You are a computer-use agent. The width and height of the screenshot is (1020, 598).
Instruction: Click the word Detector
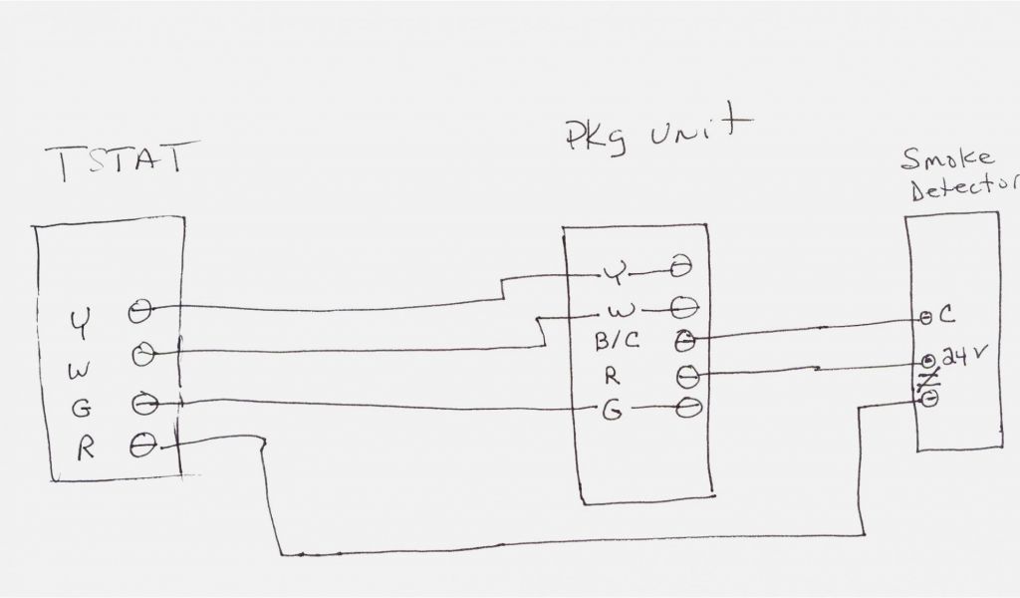(x=962, y=190)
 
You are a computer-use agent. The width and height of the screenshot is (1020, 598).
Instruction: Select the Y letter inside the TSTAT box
(x=79, y=321)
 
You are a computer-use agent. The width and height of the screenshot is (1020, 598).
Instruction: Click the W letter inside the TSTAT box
(x=79, y=372)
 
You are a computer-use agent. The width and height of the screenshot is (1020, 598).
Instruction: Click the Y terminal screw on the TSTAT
(x=140, y=311)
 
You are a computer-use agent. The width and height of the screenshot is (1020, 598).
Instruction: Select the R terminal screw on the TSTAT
(x=144, y=446)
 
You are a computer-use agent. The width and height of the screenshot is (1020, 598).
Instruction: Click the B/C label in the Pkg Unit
(x=619, y=341)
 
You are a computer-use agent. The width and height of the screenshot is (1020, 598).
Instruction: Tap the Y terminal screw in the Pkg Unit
(x=682, y=269)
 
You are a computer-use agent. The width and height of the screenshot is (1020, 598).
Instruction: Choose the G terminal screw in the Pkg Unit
(x=687, y=408)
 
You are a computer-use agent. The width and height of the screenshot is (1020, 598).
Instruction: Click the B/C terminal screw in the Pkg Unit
(x=685, y=341)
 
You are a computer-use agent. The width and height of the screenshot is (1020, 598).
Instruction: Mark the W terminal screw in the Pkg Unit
(x=684, y=304)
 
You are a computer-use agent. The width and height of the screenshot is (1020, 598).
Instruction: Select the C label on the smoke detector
(x=947, y=317)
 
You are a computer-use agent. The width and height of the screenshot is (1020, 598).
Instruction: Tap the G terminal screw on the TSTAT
(x=142, y=405)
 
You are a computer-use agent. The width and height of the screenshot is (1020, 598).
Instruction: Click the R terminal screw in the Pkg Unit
(x=687, y=376)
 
